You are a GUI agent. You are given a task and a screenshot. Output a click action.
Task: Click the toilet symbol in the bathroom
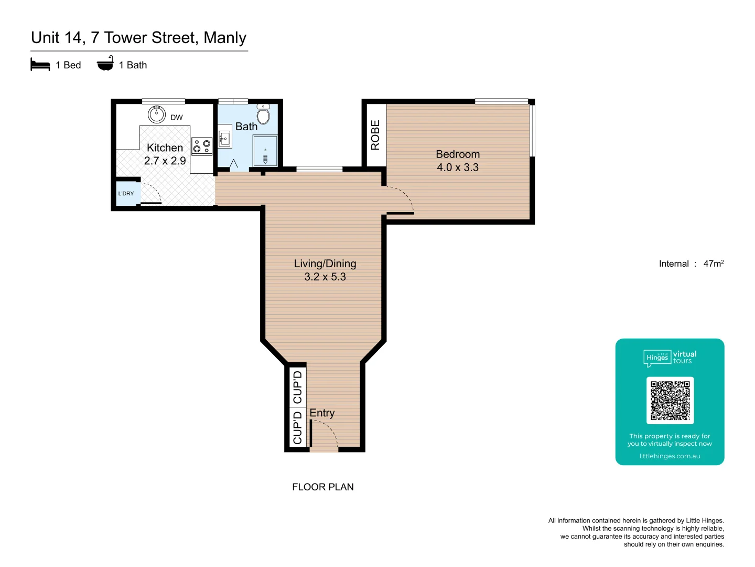(263, 114)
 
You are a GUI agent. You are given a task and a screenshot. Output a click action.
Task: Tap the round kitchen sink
(156, 113)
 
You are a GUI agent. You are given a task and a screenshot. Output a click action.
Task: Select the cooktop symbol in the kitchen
(202, 146)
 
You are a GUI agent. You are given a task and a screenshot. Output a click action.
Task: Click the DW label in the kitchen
(177, 118)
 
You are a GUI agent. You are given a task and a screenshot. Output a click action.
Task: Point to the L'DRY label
(126, 194)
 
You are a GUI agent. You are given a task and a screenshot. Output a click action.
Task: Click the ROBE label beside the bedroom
(375, 135)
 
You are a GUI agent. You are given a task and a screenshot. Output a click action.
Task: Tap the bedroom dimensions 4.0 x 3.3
(458, 167)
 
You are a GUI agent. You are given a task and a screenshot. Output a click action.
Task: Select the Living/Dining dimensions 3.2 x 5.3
(325, 277)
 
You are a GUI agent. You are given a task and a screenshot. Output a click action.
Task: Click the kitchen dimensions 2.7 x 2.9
(165, 161)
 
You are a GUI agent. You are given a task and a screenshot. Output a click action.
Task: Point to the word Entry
(322, 413)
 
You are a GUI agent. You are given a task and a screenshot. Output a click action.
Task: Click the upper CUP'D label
(298, 387)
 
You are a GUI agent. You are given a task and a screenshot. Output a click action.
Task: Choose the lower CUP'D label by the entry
(298, 428)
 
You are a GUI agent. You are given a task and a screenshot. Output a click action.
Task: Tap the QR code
(670, 400)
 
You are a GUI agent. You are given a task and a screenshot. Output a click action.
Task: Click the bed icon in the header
(40, 65)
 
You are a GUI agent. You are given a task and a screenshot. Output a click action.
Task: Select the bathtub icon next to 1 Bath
(105, 64)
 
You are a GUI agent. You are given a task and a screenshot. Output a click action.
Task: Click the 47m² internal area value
(713, 264)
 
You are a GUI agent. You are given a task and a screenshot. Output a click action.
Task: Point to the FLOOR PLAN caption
(323, 487)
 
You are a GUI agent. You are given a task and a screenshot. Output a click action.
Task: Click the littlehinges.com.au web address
(670, 456)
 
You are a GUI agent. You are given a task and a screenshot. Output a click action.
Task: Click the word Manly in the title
(225, 38)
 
